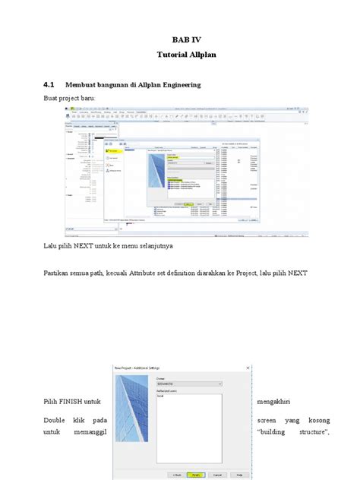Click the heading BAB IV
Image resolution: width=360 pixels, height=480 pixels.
tap(180, 39)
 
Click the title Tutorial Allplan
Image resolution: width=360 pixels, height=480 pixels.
tap(180, 55)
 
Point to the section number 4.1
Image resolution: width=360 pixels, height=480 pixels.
tap(49, 86)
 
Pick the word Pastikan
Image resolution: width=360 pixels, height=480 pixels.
tap(57, 273)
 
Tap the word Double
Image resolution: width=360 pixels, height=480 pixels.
tap(55, 419)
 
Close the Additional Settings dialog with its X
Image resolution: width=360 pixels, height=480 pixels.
tap(244, 367)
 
